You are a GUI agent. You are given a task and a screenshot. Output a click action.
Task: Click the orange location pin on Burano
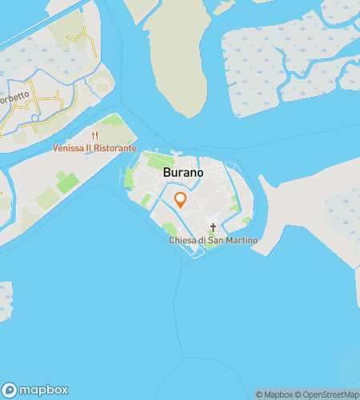pyautogui.click(x=181, y=200)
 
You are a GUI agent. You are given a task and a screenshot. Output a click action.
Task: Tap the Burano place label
pyautogui.click(x=182, y=173)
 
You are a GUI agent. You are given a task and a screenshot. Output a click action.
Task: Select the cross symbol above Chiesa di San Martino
pyautogui.click(x=213, y=228)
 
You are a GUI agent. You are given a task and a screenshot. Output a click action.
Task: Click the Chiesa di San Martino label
pyautogui.click(x=213, y=241)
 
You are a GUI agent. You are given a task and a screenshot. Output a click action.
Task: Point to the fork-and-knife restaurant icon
pyautogui.click(x=95, y=136)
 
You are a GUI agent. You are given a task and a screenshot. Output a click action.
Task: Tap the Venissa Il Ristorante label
pyautogui.click(x=94, y=149)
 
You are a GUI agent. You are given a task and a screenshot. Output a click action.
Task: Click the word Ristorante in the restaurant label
pyautogui.click(x=116, y=149)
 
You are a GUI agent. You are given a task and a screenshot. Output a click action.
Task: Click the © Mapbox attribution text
pyautogui.click(x=274, y=394)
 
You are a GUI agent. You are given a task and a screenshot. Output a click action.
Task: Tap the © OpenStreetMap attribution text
pyautogui.click(x=328, y=394)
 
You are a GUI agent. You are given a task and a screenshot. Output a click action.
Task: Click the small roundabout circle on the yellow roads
pyautogui.click(x=33, y=118)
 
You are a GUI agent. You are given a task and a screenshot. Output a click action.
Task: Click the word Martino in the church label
pyautogui.click(x=242, y=241)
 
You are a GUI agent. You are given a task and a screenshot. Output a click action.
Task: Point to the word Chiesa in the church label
pyautogui.click(x=182, y=241)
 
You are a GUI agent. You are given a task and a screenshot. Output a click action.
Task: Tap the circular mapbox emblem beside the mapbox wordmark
pyautogui.click(x=10, y=390)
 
